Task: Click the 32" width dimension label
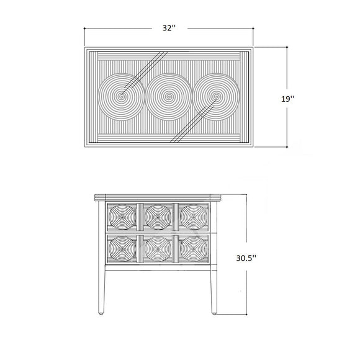169,28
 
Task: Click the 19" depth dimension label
287,99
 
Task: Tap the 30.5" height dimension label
246,258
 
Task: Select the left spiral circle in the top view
121,97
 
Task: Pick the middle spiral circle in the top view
169,97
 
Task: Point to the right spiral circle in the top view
216,97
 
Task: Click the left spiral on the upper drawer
122,217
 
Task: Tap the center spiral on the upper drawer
158,217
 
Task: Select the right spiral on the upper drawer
194,217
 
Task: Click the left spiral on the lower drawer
122,249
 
